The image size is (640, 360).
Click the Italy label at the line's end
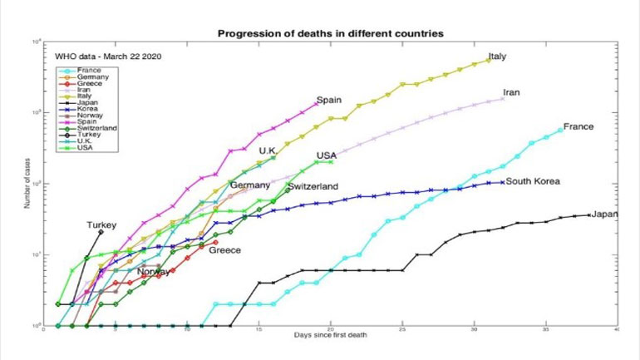click(x=497, y=57)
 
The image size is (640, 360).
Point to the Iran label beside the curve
click(x=511, y=92)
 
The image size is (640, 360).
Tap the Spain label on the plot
click(x=329, y=100)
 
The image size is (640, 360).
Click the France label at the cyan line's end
click(x=578, y=126)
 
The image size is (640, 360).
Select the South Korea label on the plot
click(x=533, y=181)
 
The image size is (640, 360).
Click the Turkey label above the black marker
click(x=101, y=224)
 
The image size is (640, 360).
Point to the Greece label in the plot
click(x=224, y=249)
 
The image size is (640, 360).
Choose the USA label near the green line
click(x=326, y=155)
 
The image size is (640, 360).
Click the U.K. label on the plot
click(x=268, y=150)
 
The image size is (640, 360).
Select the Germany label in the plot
click(x=249, y=185)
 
